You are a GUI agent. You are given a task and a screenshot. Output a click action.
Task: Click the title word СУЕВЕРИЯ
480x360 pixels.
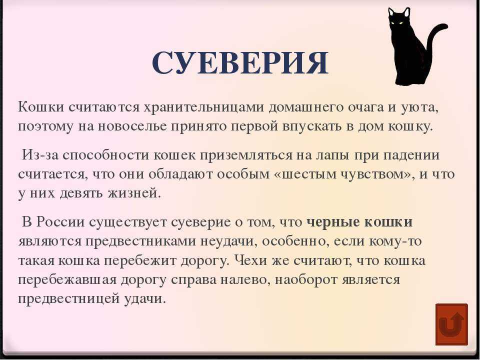[240, 63]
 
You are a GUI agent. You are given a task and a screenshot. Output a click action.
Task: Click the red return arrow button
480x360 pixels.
[451, 324]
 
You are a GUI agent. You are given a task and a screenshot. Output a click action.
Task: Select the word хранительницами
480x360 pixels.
[203, 107]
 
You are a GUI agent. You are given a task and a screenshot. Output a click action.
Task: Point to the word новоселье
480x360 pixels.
[132, 126]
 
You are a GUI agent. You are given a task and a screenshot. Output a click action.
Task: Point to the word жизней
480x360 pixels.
[134, 193]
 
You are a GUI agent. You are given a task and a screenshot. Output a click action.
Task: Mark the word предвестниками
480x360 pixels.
[141, 241]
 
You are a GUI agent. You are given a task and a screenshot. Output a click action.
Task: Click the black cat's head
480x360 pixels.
[398, 20]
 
